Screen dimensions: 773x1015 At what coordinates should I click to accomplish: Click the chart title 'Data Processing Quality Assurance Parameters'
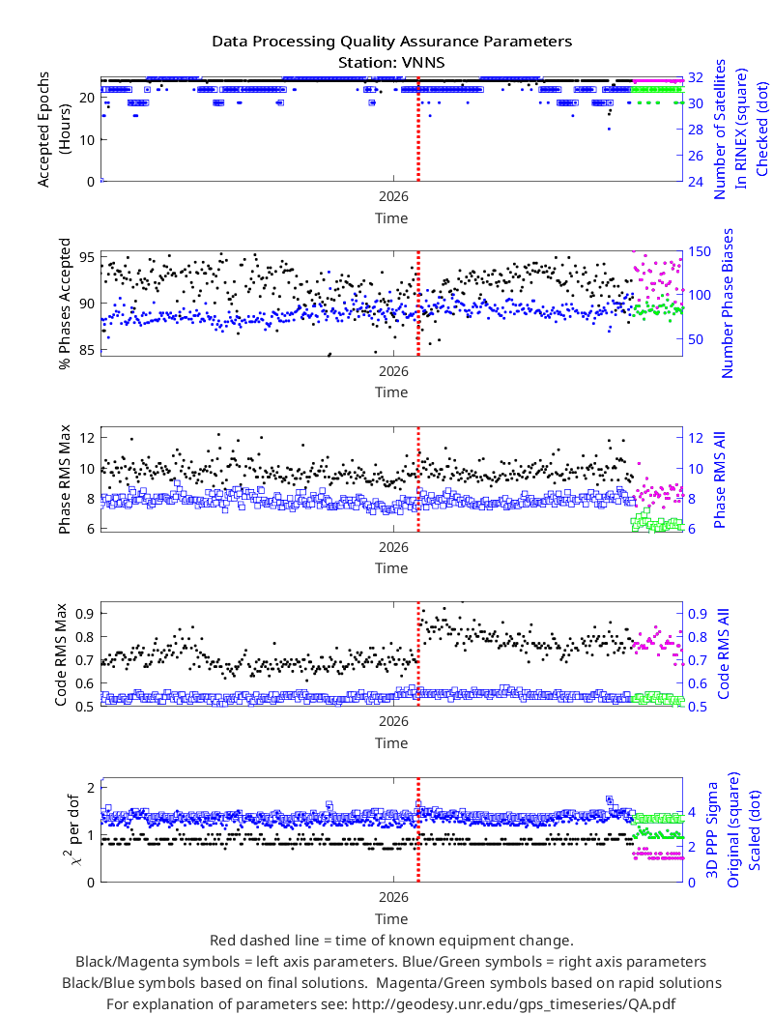tap(392, 42)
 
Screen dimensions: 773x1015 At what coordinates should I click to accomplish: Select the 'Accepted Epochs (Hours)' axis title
tap(52, 130)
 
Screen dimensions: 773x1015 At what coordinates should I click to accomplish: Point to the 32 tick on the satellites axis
tap(696, 77)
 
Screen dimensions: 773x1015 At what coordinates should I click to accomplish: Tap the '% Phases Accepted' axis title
tap(64, 304)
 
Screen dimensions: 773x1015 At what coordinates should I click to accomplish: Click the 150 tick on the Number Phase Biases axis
tap(699, 251)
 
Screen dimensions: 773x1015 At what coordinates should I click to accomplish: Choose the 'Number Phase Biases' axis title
tap(728, 303)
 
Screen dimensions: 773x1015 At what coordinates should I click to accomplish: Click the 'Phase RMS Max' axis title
tap(64, 479)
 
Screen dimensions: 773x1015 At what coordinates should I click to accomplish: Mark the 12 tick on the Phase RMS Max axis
tap(87, 438)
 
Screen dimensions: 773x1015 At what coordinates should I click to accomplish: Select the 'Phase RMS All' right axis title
tap(719, 479)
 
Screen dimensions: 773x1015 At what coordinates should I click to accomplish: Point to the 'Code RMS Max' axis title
tap(61, 655)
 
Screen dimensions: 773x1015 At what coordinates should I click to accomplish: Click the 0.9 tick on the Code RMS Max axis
tap(85, 613)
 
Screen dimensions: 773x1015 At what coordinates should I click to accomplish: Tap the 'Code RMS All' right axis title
tap(723, 653)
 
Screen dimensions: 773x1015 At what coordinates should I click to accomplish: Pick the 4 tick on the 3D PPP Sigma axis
tap(692, 812)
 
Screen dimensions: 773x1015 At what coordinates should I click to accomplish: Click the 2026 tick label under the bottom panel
tap(393, 897)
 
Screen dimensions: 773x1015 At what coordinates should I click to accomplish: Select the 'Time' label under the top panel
tap(391, 218)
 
